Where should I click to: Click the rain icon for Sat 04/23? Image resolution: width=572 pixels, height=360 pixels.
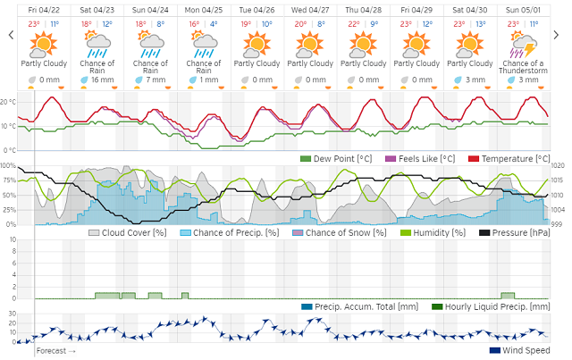click(97, 42)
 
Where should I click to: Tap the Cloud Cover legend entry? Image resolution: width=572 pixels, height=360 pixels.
click(128, 232)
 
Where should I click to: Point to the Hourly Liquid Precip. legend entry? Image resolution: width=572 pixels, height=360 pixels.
click(490, 306)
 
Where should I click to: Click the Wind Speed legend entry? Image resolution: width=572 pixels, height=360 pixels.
click(519, 349)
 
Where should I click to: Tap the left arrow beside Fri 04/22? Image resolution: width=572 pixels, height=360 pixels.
click(10, 35)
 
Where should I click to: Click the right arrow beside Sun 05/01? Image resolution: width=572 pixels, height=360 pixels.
click(560, 35)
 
